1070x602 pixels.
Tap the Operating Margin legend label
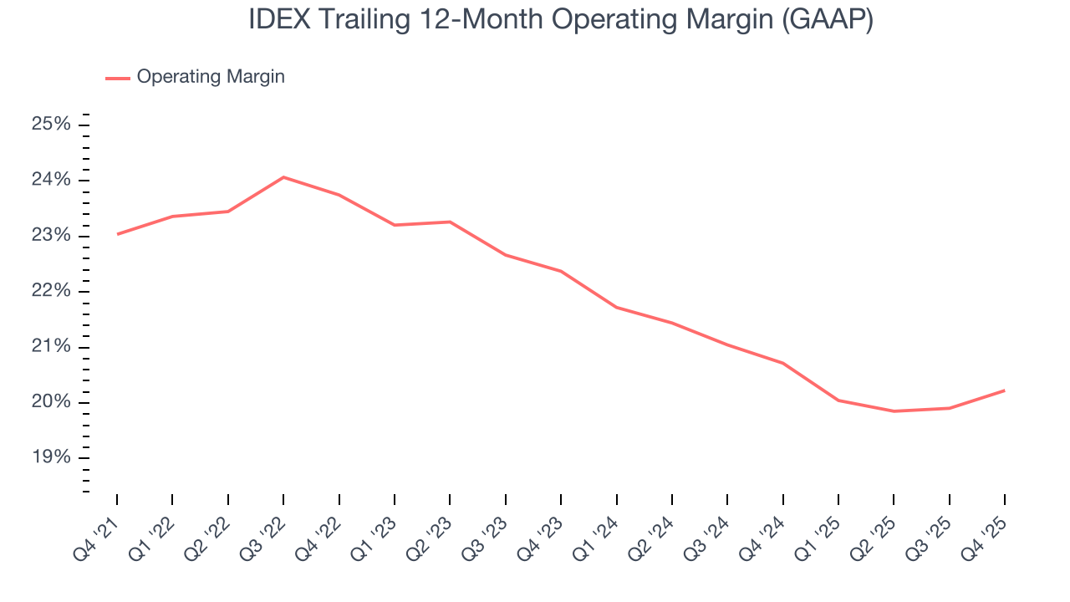coord(211,77)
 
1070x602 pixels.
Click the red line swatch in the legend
coord(117,78)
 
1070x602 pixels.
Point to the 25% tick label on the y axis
coord(51,125)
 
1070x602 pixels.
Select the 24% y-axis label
coord(51,181)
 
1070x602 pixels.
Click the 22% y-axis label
coord(51,291)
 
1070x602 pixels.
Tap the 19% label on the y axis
coord(51,457)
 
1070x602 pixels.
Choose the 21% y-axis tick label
coord(51,347)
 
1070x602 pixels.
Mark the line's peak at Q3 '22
coord(283,177)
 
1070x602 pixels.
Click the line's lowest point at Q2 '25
coord(894,411)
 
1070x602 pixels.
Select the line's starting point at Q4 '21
coord(117,234)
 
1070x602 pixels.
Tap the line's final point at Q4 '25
coord(1004,390)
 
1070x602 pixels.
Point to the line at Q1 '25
coord(838,400)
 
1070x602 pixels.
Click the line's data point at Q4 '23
coord(561,271)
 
